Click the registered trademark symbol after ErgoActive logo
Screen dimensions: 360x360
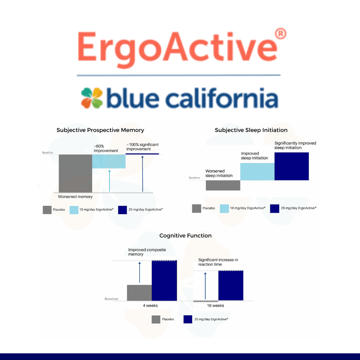280,34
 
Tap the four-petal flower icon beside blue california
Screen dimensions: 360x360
92,98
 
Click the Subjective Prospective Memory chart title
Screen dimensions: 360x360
100,130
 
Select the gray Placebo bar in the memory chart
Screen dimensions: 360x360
75,173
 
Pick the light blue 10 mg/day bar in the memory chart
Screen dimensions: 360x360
109,161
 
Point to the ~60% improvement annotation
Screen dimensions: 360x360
106,148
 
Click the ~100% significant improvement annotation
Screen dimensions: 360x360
142,147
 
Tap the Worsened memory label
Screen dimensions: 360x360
75,197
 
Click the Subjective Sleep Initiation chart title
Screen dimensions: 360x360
251,130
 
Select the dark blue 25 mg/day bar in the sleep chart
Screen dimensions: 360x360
292,166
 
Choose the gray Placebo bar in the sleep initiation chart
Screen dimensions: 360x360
223,185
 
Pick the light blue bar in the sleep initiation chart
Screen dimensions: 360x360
257,172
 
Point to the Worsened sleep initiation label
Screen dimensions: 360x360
219,173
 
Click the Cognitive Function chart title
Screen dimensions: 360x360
186,236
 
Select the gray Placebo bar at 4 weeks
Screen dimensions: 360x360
139,293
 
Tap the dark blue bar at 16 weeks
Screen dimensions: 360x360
231,285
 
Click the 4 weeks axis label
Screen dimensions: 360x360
150,306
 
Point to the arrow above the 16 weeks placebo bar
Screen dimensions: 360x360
205,286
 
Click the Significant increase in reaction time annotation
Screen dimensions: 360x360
218,262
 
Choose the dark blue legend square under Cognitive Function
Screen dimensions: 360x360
188,319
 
